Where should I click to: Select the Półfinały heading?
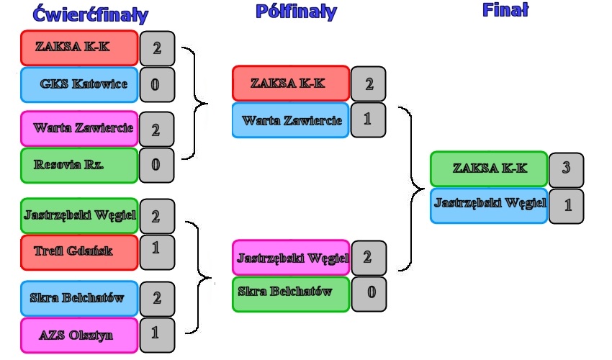pyautogui.click(x=295, y=12)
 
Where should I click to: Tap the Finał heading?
pyautogui.click(x=505, y=9)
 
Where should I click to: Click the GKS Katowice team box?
pyautogui.click(x=79, y=84)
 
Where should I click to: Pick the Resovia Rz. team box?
pyautogui.click(x=79, y=165)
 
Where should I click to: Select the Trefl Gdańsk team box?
pyautogui.click(x=79, y=251)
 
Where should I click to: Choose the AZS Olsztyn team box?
pyautogui.click(x=79, y=336)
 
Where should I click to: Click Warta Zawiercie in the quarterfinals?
pyautogui.click(x=79, y=128)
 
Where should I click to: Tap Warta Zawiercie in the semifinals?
pyautogui.click(x=291, y=120)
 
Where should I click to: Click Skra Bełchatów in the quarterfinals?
pyautogui.click(x=79, y=297)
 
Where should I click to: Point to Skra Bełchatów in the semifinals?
pyautogui.click(x=291, y=294)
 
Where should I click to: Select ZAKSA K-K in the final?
pyautogui.click(x=489, y=168)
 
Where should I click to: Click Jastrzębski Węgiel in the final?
pyautogui.click(x=489, y=204)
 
